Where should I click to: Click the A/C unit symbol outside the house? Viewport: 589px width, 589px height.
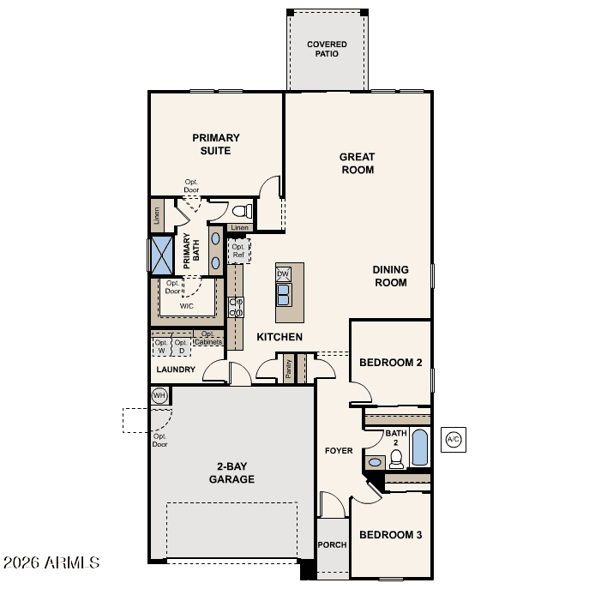(x=453, y=439)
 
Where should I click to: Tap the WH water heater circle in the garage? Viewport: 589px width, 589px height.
(x=159, y=395)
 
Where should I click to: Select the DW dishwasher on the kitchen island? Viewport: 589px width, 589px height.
(x=283, y=273)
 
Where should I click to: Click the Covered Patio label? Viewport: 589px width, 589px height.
(x=327, y=49)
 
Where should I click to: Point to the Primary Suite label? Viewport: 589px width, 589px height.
(x=216, y=144)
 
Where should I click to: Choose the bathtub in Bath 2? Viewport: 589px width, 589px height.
(x=419, y=448)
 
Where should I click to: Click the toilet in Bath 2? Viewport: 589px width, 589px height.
(x=396, y=459)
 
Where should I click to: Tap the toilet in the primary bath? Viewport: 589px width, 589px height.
(x=243, y=211)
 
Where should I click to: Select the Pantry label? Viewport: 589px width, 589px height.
(x=288, y=369)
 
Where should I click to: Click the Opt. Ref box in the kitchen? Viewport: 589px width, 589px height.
(x=238, y=251)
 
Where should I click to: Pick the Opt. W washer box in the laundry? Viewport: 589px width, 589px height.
(x=161, y=346)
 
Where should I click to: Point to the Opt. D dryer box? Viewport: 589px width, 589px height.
(x=181, y=346)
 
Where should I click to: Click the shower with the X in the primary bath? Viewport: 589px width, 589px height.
(x=162, y=255)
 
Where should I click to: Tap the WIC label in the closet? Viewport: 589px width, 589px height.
(x=187, y=306)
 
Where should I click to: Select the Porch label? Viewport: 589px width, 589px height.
(x=332, y=544)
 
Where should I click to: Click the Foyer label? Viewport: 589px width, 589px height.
(x=339, y=450)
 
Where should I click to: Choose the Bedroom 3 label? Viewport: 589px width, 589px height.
(x=391, y=534)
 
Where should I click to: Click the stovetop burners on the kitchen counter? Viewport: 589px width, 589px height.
(x=236, y=307)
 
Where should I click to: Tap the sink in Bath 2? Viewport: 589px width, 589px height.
(x=375, y=462)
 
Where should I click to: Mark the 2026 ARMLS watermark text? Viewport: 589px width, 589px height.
(x=51, y=562)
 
